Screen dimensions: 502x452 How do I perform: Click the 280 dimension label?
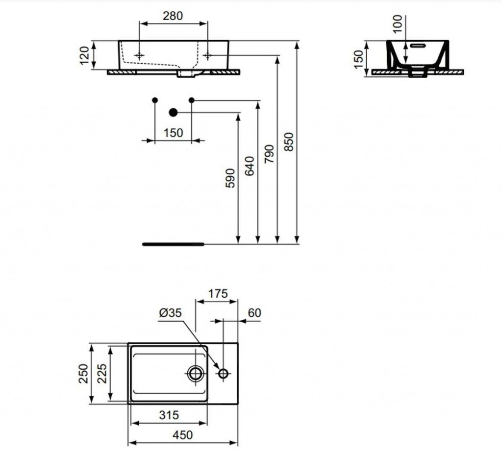pyautogui.click(x=173, y=16)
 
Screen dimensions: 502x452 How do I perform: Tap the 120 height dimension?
pyautogui.click(x=84, y=55)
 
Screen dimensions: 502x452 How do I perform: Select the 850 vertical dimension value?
pyautogui.click(x=288, y=142)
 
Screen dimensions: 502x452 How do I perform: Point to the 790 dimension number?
pyautogui.click(x=269, y=154)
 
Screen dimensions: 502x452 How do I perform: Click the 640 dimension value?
pyautogui.click(x=250, y=166)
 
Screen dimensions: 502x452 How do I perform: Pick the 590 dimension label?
pyautogui.click(x=230, y=178)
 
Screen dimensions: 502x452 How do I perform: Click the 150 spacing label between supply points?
pyautogui.click(x=173, y=133)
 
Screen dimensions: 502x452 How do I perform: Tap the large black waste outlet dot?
pyautogui.click(x=173, y=112)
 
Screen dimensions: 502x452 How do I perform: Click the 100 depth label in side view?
pyautogui.click(x=397, y=24)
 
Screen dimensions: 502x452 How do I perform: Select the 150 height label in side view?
pyautogui.click(x=359, y=59)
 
